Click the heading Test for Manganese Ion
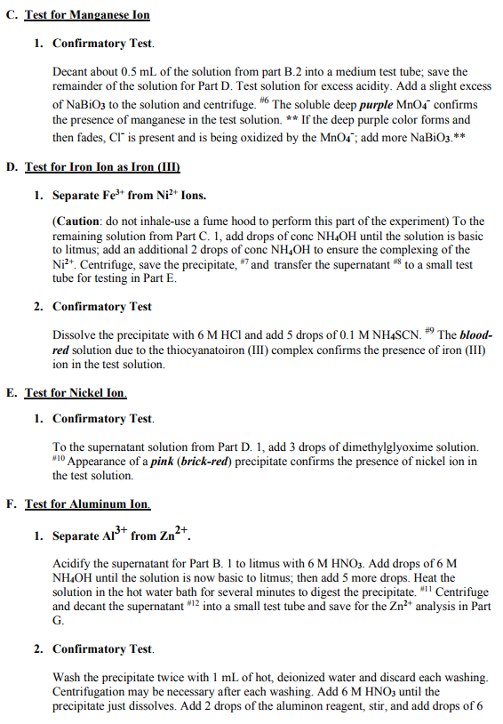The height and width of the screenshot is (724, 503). tap(87, 16)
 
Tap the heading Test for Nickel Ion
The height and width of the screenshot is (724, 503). tap(76, 392)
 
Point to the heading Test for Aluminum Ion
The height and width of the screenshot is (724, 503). tap(87, 504)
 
